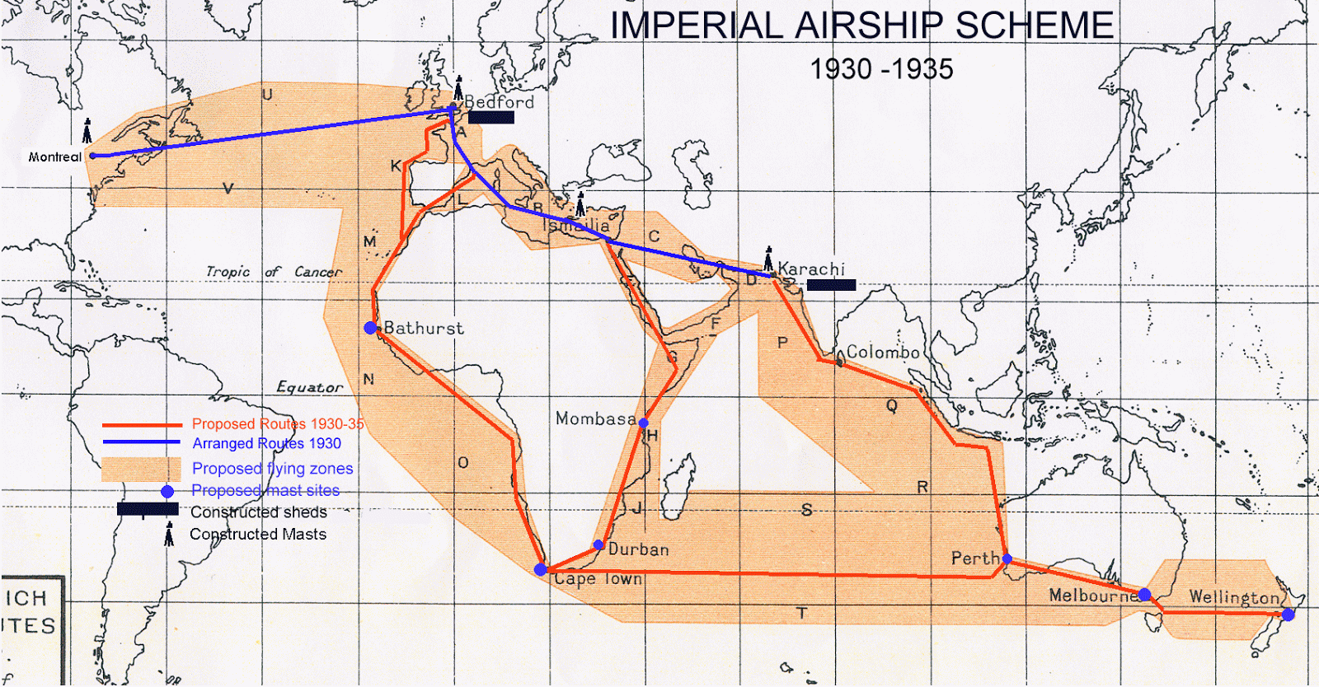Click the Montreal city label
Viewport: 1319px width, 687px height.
(54, 157)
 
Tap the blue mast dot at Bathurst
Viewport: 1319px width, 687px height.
(371, 328)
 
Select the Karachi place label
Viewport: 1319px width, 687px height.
(811, 269)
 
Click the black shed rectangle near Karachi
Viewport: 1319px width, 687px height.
(831, 285)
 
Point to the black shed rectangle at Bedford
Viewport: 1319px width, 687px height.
(491, 117)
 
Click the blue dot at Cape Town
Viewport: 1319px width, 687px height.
(541, 569)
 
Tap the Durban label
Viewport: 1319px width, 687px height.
(638, 549)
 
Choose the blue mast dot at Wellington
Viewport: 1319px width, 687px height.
(1288, 615)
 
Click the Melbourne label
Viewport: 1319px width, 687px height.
(1093, 596)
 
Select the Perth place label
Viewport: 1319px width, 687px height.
(975, 558)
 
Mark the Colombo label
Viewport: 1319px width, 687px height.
(883, 353)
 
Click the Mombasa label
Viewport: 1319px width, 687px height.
(595, 418)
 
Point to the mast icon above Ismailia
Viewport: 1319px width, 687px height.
(580, 203)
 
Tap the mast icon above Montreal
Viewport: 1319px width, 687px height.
(87, 130)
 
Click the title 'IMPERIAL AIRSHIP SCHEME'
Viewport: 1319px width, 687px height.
(861, 26)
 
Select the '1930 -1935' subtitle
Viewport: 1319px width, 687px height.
(881, 69)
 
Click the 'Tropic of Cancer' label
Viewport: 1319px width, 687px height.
(274, 272)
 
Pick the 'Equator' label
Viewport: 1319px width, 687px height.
(309, 387)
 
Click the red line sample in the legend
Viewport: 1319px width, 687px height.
(142, 425)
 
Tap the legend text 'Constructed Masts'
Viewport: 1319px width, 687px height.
(258, 535)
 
